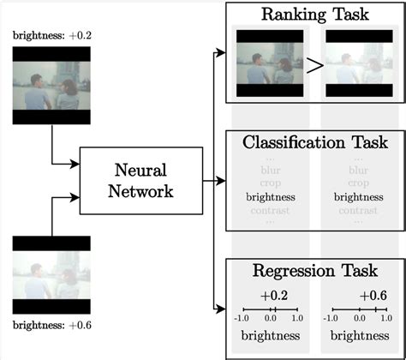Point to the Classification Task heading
314,142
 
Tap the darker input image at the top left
51,86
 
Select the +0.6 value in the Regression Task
371,295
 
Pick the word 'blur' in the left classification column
270,170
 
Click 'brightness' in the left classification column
270,195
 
